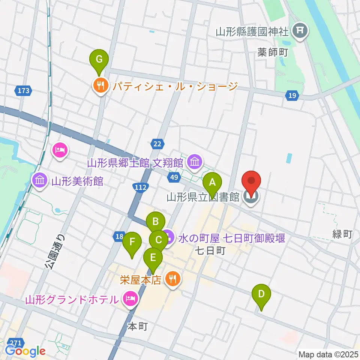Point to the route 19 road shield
292,96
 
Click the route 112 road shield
141,187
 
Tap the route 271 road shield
15,342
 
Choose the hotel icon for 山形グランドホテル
130,299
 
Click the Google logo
25,351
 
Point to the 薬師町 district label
272,52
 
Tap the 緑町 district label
342,234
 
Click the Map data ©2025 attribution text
328,354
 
